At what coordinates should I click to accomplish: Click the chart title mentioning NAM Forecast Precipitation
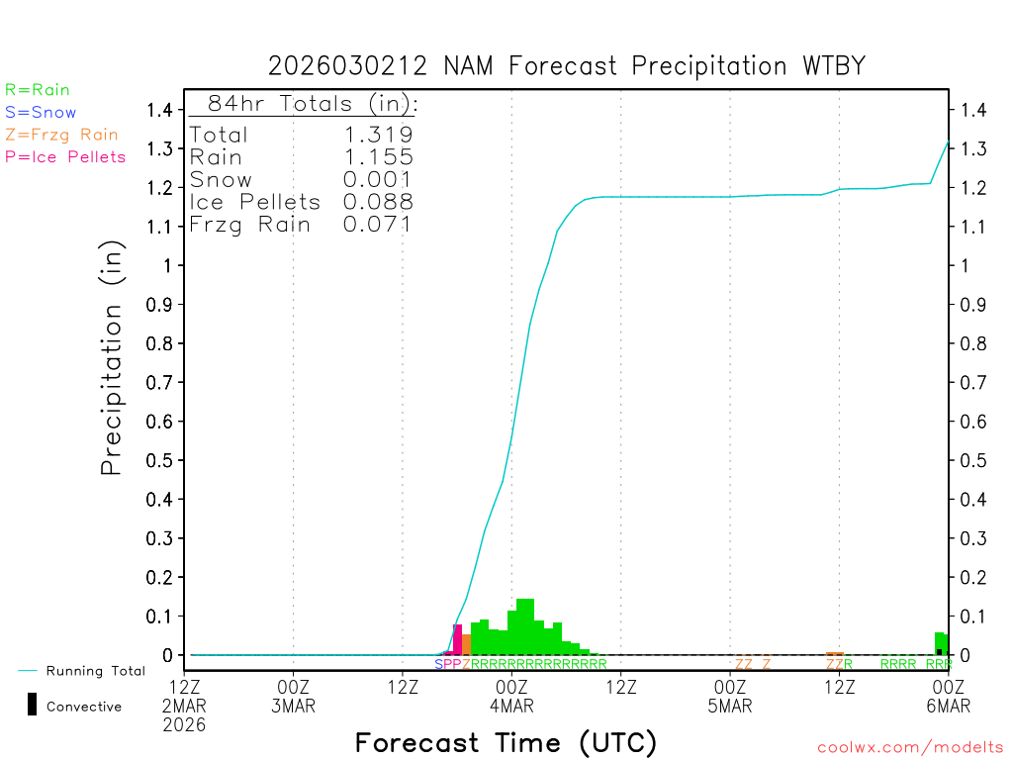tap(567, 66)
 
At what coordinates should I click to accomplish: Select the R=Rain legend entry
tap(38, 90)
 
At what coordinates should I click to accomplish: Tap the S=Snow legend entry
tap(41, 113)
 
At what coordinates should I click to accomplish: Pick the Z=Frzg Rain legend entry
tap(61, 135)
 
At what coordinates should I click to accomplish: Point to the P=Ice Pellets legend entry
tap(65, 156)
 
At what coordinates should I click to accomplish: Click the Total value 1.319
tap(378, 135)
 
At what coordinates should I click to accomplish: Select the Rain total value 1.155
tap(378, 157)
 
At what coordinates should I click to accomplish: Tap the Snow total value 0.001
tap(378, 180)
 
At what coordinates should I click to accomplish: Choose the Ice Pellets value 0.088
tap(378, 202)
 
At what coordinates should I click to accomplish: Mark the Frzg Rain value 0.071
tap(378, 225)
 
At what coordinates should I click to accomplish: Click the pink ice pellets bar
tap(457, 639)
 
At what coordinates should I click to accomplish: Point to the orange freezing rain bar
tap(466, 644)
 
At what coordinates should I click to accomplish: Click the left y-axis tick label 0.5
tap(162, 460)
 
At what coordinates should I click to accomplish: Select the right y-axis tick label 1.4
tap(973, 110)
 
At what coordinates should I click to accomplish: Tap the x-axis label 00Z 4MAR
tap(511, 696)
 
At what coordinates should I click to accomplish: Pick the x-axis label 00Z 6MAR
tap(948, 696)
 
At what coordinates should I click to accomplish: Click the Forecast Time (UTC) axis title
tap(506, 742)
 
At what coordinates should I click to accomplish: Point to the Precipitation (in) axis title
tap(112, 360)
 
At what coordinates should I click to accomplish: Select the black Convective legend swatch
tap(32, 705)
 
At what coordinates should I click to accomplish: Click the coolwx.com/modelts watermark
tap(910, 748)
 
